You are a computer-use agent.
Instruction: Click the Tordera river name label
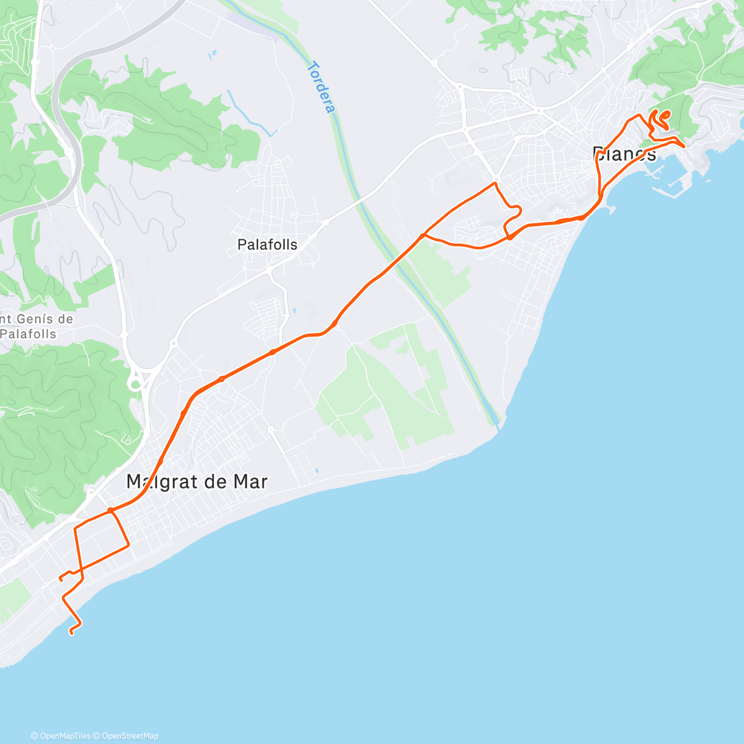[x=322, y=87]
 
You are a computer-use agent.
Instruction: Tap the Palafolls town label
[x=267, y=245]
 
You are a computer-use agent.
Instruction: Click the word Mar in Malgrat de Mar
[x=251, y=482]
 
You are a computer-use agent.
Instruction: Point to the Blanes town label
[x=624, y=154]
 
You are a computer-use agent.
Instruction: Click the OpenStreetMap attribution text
[x=130, y=736]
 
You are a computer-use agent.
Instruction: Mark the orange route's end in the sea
[x=71, y=632]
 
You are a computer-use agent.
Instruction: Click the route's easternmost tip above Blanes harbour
[x=683, y=146]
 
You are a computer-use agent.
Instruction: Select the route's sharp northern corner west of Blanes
[x=495, y=184]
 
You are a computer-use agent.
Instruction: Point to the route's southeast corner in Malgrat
[x=128, y=546]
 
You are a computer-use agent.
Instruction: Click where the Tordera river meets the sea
[x=498, y=425]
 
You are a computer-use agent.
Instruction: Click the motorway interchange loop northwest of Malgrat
[x=135, y=384]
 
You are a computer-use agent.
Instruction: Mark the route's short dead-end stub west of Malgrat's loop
[x=61, y=578]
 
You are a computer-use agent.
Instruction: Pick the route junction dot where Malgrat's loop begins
[x=110, y=511]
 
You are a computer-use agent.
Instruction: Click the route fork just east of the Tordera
[x=423, y=235]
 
